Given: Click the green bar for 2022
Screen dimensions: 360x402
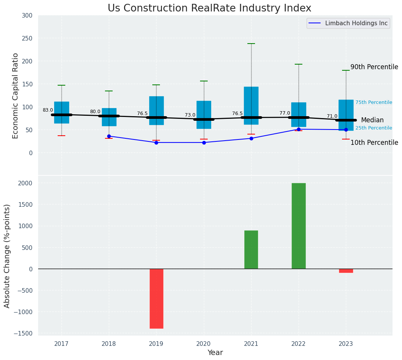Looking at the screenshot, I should tap(299, 226).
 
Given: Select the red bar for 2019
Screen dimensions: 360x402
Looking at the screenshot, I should tap(156, 298).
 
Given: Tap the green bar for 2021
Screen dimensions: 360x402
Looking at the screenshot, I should tap(251, 250).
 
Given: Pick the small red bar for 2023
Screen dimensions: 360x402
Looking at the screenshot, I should tap(346, 271).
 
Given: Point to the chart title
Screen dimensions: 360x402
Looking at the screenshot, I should tap(209, 8).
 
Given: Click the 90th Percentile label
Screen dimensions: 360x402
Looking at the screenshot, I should tap(374, 67).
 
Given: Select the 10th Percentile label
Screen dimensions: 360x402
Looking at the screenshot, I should tap(374, 143).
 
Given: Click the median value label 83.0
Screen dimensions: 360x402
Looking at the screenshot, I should tap(48, 110).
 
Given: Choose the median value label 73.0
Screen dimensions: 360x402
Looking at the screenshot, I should tap(190, 115).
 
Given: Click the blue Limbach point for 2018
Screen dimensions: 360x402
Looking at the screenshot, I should tap(109, 136).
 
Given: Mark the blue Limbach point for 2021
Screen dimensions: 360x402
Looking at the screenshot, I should tap(251, 138).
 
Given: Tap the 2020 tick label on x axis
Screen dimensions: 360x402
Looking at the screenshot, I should tap(203, 344).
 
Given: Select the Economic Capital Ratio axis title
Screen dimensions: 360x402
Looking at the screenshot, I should tap(16, 96).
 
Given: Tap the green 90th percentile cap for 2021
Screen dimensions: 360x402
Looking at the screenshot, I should tap(251, 44).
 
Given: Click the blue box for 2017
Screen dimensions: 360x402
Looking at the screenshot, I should tap(61, 112).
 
